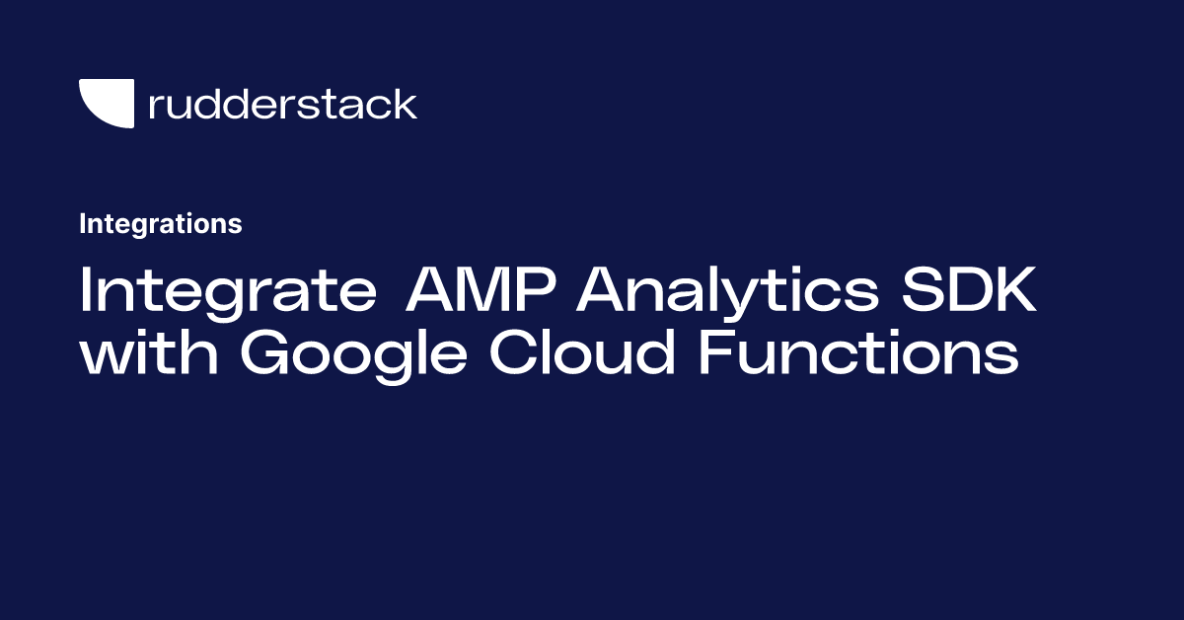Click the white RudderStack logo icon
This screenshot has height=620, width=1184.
point(109,103)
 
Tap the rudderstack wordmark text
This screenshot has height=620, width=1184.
point(283,104)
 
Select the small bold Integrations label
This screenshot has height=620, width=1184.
point(161,224)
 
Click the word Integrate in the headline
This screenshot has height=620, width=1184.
point(228,292)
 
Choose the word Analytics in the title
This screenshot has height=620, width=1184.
point(727,292)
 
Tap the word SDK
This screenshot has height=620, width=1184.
point(969,289)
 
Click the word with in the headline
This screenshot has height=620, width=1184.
point(149,350)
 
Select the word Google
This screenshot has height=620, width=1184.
point(353,355)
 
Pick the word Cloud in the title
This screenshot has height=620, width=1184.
point(582,351)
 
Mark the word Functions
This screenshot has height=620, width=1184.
point(859,351)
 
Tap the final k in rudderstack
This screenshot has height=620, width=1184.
point(404,104)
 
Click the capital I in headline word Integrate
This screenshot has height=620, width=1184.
point(85,289)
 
